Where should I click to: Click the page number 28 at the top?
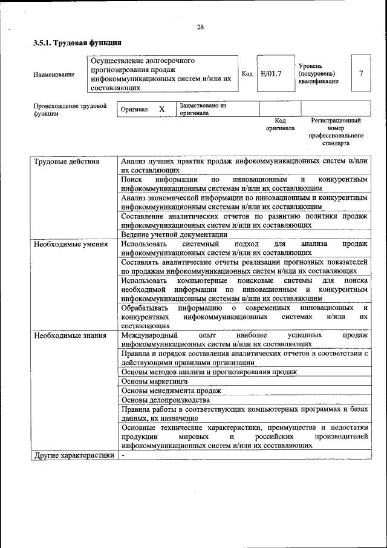click(200, 27)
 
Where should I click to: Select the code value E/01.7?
click(271, 74)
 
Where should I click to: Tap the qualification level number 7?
click(361, 73)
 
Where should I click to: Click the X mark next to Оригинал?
click(161, 110)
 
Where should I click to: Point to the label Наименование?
click(54, 74)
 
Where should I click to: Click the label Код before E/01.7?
click(247, 74)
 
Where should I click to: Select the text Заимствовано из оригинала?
click(203, 109)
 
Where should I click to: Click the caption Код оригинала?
click(280, 125)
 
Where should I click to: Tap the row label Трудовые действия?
click(67, 162)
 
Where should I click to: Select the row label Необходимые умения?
click(71, 244)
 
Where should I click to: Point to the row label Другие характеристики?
click(74, 455)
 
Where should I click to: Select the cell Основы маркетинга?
click(154, 381)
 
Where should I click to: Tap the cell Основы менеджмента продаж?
click(171, 391)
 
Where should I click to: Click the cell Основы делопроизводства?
click(166, 400)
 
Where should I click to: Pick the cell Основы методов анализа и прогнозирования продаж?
click(209, 372)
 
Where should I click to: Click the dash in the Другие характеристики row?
click(122, 455)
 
